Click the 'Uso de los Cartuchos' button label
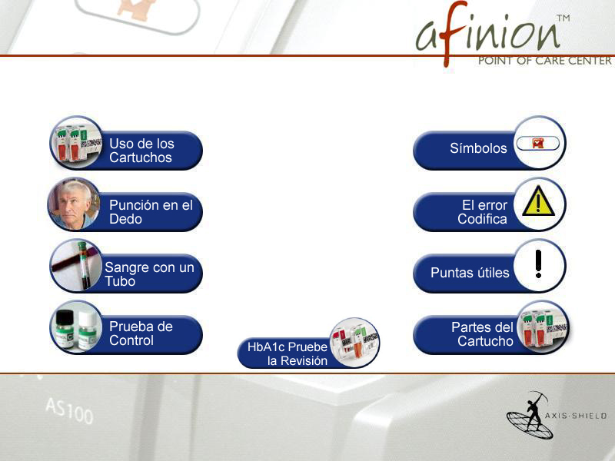click(141, 151)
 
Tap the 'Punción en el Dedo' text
click(151, 212)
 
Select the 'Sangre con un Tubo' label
click(149, 274)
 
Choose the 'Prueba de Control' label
click(141, 333)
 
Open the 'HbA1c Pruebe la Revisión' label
click(288, 353)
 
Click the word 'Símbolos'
click(478, 148)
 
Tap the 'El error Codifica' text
click(483, 212)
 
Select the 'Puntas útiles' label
click(470, 273)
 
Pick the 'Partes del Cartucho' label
click(483, 334)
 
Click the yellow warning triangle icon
click(538, 201)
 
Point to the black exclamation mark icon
click(538, 264)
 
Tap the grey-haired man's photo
click(74, 204)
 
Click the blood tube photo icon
click(76, 266)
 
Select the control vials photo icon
click(76, 327)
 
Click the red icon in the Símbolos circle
click(537, 143)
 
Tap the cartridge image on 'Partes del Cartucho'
click(543, 327)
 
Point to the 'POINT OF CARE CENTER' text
click(544, 61)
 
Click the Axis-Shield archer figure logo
click(530, 414)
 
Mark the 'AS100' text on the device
click(69, 410)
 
